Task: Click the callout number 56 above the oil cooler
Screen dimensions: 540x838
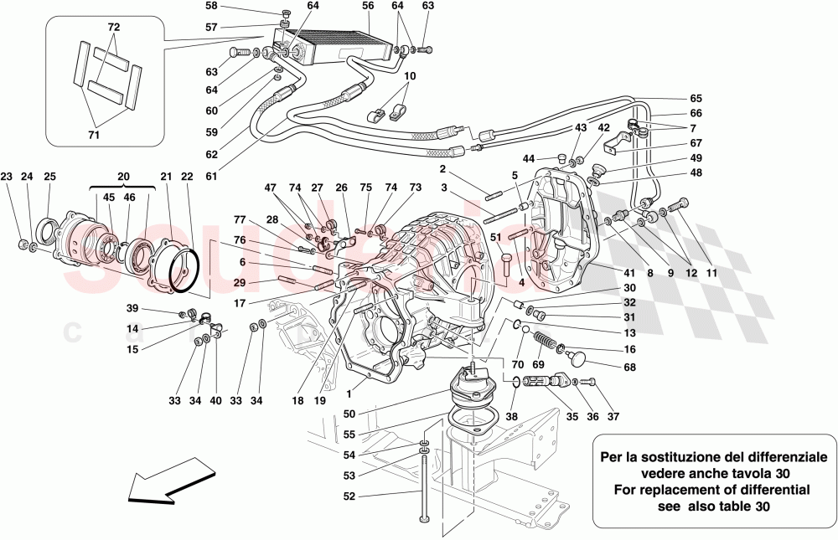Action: (368, 6)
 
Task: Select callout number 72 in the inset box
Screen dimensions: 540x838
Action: (114, 28)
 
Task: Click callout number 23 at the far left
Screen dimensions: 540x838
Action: (7, 177)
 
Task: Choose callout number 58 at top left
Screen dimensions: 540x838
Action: (211, 6)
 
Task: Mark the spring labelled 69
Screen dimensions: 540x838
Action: (545, 344)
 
